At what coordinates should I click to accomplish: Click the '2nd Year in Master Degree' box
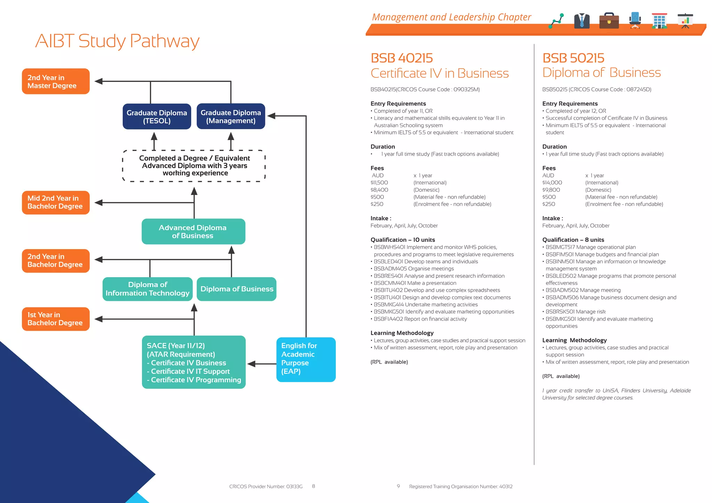click(x=56, y=81)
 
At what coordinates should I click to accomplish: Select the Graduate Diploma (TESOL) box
click(x=157, y=117)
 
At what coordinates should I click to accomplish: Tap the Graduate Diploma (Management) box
click(x=231, y=117)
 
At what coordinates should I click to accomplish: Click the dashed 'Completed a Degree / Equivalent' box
click(x=194, y=166)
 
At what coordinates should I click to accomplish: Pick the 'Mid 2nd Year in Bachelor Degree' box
click(x=56, y=203)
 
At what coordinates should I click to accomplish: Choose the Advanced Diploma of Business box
click(x=193, y=232)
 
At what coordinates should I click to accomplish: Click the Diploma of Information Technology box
click(x=147, y=289)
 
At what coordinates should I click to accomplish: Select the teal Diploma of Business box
click(x=236, y=289)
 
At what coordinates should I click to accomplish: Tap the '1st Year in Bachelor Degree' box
click(x=56, y=319)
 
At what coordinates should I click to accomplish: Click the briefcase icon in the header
click(x=609, y=21)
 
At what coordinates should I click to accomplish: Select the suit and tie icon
click(x=582, y=21)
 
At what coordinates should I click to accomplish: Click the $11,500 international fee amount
click(x=379, y=183)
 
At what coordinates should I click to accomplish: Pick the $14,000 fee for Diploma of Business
click(x=552, y=183)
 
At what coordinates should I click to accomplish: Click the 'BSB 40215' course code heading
click(x=402, y=58)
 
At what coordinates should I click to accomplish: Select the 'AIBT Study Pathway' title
click(x=117, y=41)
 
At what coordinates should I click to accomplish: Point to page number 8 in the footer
click(x=314, y=486)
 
